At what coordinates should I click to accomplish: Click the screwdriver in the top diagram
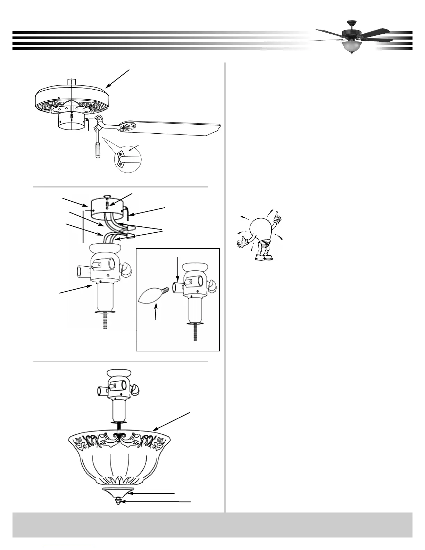click(x=96, y=145)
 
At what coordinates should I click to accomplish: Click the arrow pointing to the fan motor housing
click(x=118, y=78)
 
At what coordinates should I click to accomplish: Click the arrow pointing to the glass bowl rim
click(x=172, y=422)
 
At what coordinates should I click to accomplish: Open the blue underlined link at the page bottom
click(x=69, y=547)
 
